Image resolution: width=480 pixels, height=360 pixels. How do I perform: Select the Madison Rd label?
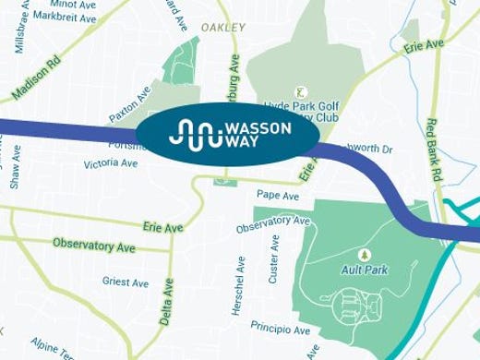[34, 80]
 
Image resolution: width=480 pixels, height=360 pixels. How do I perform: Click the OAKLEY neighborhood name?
[222, 28]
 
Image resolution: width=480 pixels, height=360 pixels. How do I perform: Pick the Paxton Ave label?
[129, 105]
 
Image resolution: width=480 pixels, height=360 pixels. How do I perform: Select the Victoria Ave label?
[110, 163]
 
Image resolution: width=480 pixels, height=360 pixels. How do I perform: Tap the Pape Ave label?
[278, 197]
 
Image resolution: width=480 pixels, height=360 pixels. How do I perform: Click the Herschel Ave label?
[239, 285]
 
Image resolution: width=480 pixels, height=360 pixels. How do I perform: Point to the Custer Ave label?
[274, 258]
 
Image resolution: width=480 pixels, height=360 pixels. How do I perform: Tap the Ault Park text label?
[363, 270]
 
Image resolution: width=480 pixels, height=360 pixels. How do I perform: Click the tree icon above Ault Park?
[363, 254]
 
